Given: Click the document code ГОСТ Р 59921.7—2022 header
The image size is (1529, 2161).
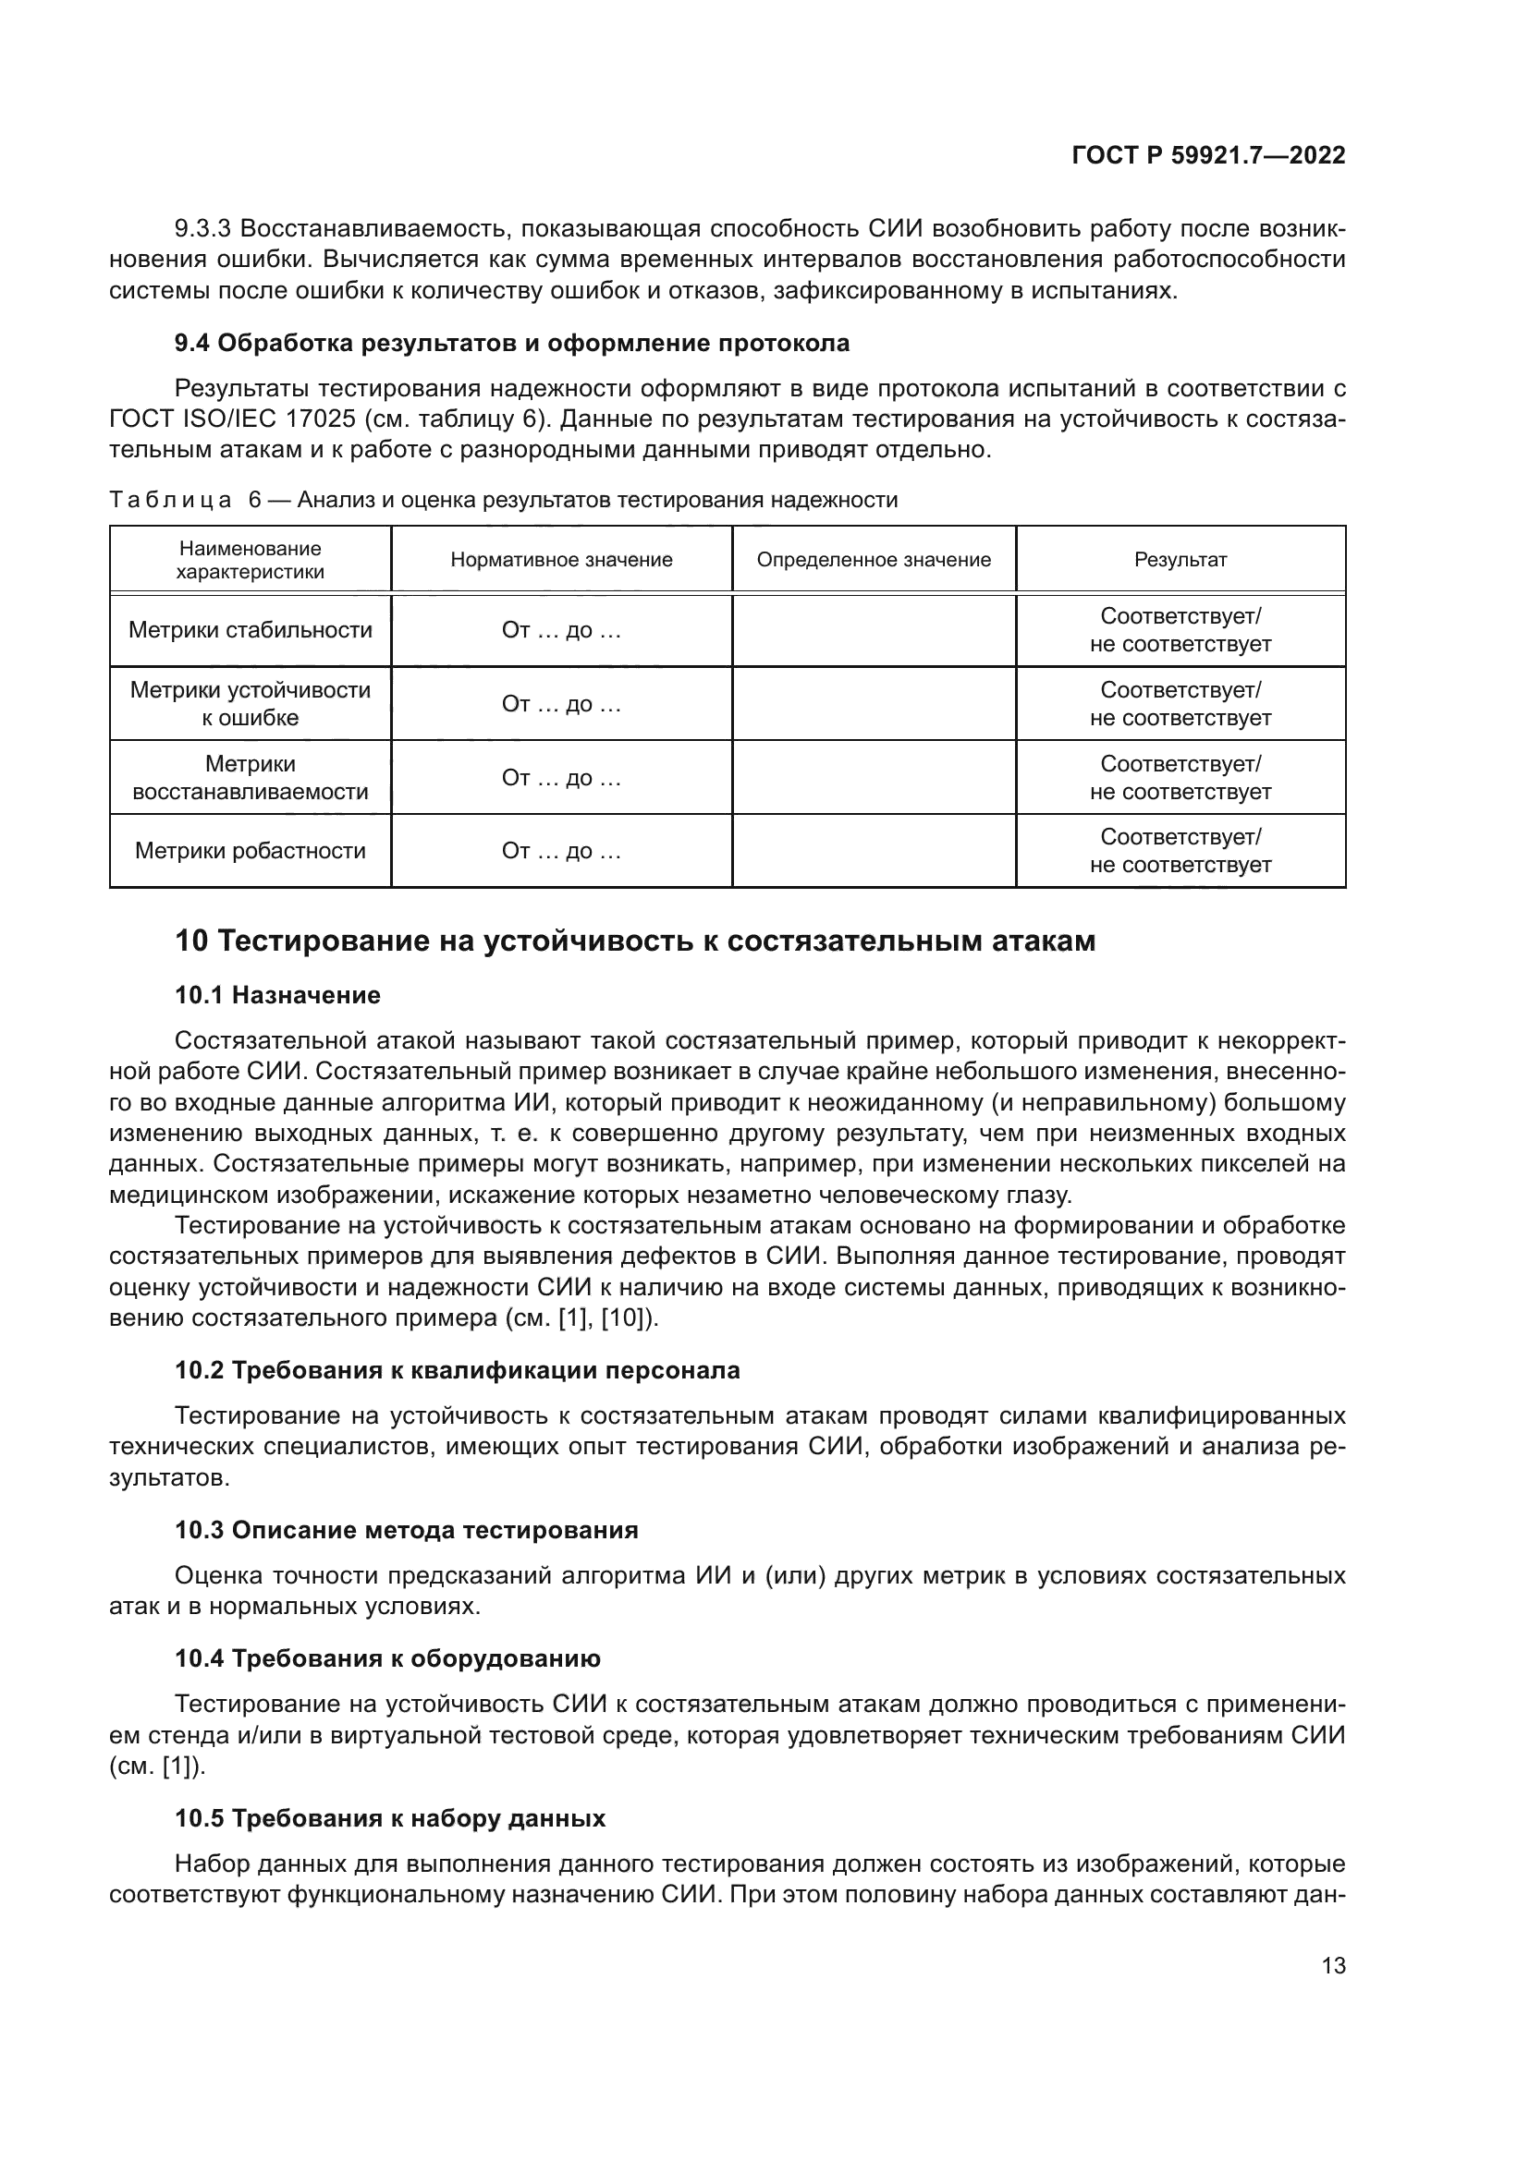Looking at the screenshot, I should (x=1208, y=156).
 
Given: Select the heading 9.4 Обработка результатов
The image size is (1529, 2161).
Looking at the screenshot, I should (x=511, y=344).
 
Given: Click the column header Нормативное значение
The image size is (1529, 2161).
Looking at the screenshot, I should (x=561, y=560).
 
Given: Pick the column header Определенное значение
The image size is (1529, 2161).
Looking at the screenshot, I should (x=874, y=560).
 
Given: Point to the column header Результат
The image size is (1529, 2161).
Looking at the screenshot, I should (x=1180, y=560).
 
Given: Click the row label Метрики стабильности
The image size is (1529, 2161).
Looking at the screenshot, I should (x=251, y=631).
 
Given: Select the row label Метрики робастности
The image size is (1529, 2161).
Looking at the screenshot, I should (x=251, y=852).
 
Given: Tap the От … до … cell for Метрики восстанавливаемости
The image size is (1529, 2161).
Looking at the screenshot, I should (x=561, y=778).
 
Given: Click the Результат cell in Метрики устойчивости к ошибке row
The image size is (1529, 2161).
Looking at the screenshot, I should (x=1180, y=704).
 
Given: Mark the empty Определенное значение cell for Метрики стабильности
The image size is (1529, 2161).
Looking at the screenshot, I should (x=874, y=631).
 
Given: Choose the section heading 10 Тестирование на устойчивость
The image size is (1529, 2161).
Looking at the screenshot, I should (x=635, y=941).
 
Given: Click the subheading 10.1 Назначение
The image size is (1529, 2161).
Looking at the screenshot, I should (x=277, y=996).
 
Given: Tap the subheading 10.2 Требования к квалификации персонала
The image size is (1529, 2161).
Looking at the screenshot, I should (x=458, y=1370).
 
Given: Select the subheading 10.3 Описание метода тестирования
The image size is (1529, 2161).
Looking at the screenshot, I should (x=407, y=1530).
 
